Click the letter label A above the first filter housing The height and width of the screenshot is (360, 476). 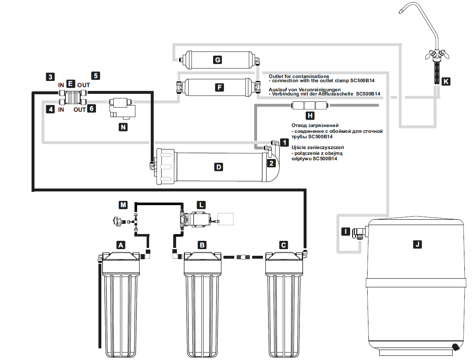point(121,245)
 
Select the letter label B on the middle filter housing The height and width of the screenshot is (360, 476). point(202,245)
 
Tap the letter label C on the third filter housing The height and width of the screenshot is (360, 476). point(283,245)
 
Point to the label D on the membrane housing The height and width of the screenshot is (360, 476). point(218,167)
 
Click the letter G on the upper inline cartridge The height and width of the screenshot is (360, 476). point(217,60)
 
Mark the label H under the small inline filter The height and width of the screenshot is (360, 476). point(309,116)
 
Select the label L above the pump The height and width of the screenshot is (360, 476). point(201,205)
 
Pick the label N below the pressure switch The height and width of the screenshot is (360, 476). point(123,127)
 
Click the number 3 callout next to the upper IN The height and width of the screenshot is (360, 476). point(50,76)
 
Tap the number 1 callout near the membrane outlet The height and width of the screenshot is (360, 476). point(284,143)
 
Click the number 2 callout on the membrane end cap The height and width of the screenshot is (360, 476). point(271,163)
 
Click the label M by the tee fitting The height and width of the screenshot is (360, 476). point(123,205)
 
